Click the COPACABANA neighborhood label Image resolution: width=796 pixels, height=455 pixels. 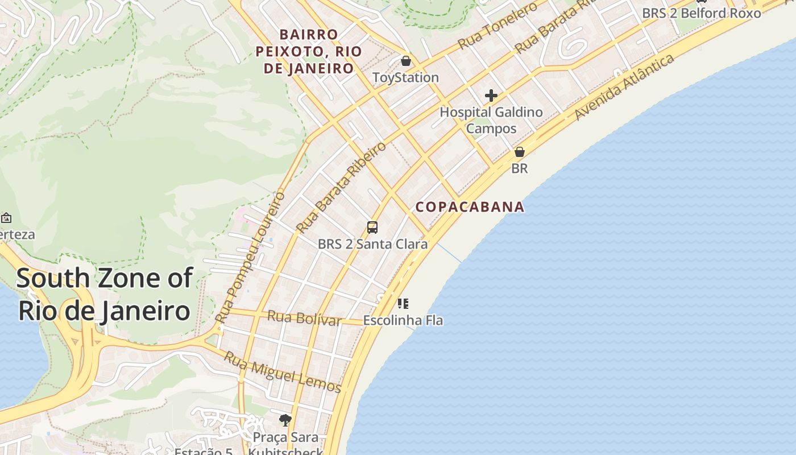[x=470, y=206]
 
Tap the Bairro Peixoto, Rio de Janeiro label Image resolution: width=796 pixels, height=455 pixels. [x=309, y=52]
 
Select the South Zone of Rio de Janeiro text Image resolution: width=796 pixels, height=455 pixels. [x=105, y=295]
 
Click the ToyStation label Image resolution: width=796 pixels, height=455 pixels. [x=405, y=77]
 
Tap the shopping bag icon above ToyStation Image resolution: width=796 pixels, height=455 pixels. [x=405, y=61]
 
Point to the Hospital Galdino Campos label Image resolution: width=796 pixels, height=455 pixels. [x=491, y=120]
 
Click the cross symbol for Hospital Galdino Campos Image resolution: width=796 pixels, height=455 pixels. [x=491, y=96]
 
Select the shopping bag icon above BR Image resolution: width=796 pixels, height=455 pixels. [x=519, y=152]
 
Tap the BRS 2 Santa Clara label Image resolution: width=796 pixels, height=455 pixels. [x=372, y=244]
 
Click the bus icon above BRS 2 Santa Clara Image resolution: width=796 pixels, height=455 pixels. [x=372, y=227]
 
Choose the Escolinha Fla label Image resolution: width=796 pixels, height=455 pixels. [x=403, y=320]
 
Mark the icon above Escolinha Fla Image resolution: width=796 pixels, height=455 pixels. [x=403, y=304]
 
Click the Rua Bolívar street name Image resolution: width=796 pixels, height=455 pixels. [x=304, y=318]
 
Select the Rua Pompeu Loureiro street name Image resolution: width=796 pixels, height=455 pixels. [x=251, y=258]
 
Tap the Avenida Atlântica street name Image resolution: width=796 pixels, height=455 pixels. [x=624, y=87]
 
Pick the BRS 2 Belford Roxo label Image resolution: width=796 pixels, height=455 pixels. [x=701, y=13]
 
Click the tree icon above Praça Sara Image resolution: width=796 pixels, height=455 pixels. [x=285, y=420]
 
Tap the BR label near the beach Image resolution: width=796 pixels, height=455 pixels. [x=519, y=168]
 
